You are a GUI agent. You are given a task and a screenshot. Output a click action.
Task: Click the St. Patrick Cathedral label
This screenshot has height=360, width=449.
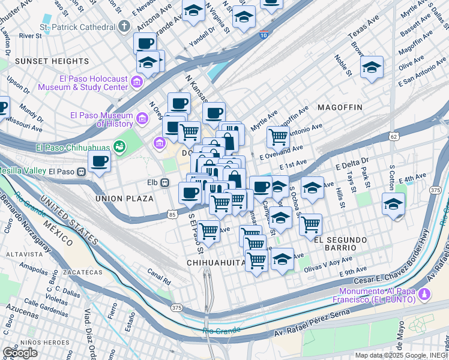tap(76, 27)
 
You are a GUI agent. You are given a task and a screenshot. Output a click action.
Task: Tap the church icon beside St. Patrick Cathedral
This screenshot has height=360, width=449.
tap(124, 26)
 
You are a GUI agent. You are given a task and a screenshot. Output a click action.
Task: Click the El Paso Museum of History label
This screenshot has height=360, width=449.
tap(101, 120)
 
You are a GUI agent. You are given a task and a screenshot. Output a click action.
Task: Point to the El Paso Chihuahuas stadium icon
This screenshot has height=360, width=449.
tap(119, 146)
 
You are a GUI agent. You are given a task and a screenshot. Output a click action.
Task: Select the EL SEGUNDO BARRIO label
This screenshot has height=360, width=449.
tap(340, 240)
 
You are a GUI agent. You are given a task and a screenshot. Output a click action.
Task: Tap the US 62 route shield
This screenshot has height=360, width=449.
tap(394, 137)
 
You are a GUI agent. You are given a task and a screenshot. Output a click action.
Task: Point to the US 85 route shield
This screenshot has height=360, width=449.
tap(172, 214)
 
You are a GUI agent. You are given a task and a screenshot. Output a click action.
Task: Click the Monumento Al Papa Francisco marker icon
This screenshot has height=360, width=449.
tap(425, 294)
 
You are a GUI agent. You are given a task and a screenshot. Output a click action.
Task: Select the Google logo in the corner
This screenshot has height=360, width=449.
tap(20, 353)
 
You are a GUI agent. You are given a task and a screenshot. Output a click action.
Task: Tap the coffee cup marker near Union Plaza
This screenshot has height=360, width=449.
tap(99, 161)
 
